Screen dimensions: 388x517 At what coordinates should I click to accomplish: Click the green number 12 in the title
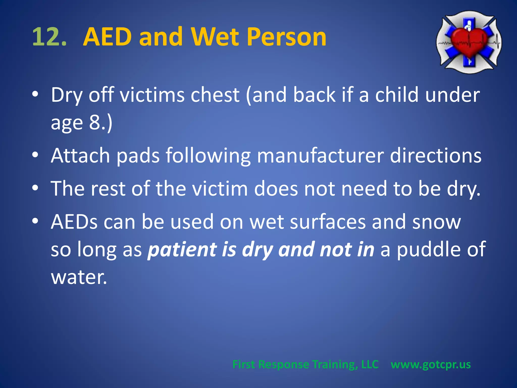[49, 37]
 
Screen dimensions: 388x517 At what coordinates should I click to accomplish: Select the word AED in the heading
[107, 37]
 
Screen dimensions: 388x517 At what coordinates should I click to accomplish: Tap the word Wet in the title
[215, 37]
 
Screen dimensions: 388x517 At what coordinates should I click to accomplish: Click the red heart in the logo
[469, 42]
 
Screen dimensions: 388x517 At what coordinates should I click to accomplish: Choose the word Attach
[80, 156]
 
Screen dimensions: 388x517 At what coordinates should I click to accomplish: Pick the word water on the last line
[79, 277]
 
